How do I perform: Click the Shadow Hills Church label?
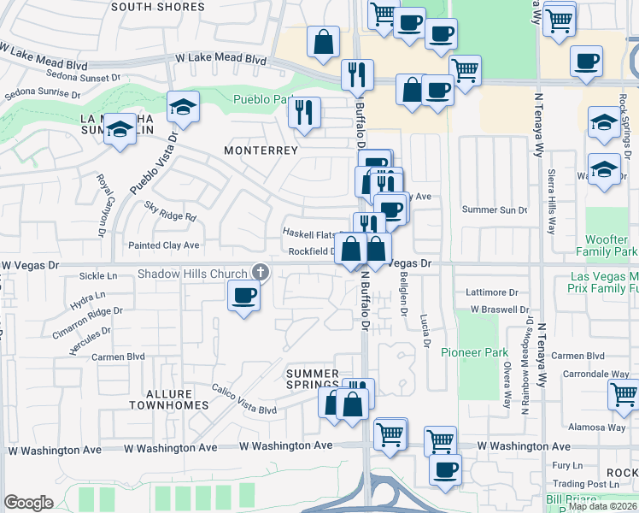point(193,274)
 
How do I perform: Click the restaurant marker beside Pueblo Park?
point(304,112)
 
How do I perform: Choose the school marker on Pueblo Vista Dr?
point(183,107)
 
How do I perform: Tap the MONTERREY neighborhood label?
point(261,150)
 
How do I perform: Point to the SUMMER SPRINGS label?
point(313,380)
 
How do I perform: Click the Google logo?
point(28,503)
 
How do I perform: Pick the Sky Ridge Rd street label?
point(170,212)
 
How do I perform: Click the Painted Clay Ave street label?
point(162,245)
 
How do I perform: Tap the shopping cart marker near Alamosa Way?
point(624,395)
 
